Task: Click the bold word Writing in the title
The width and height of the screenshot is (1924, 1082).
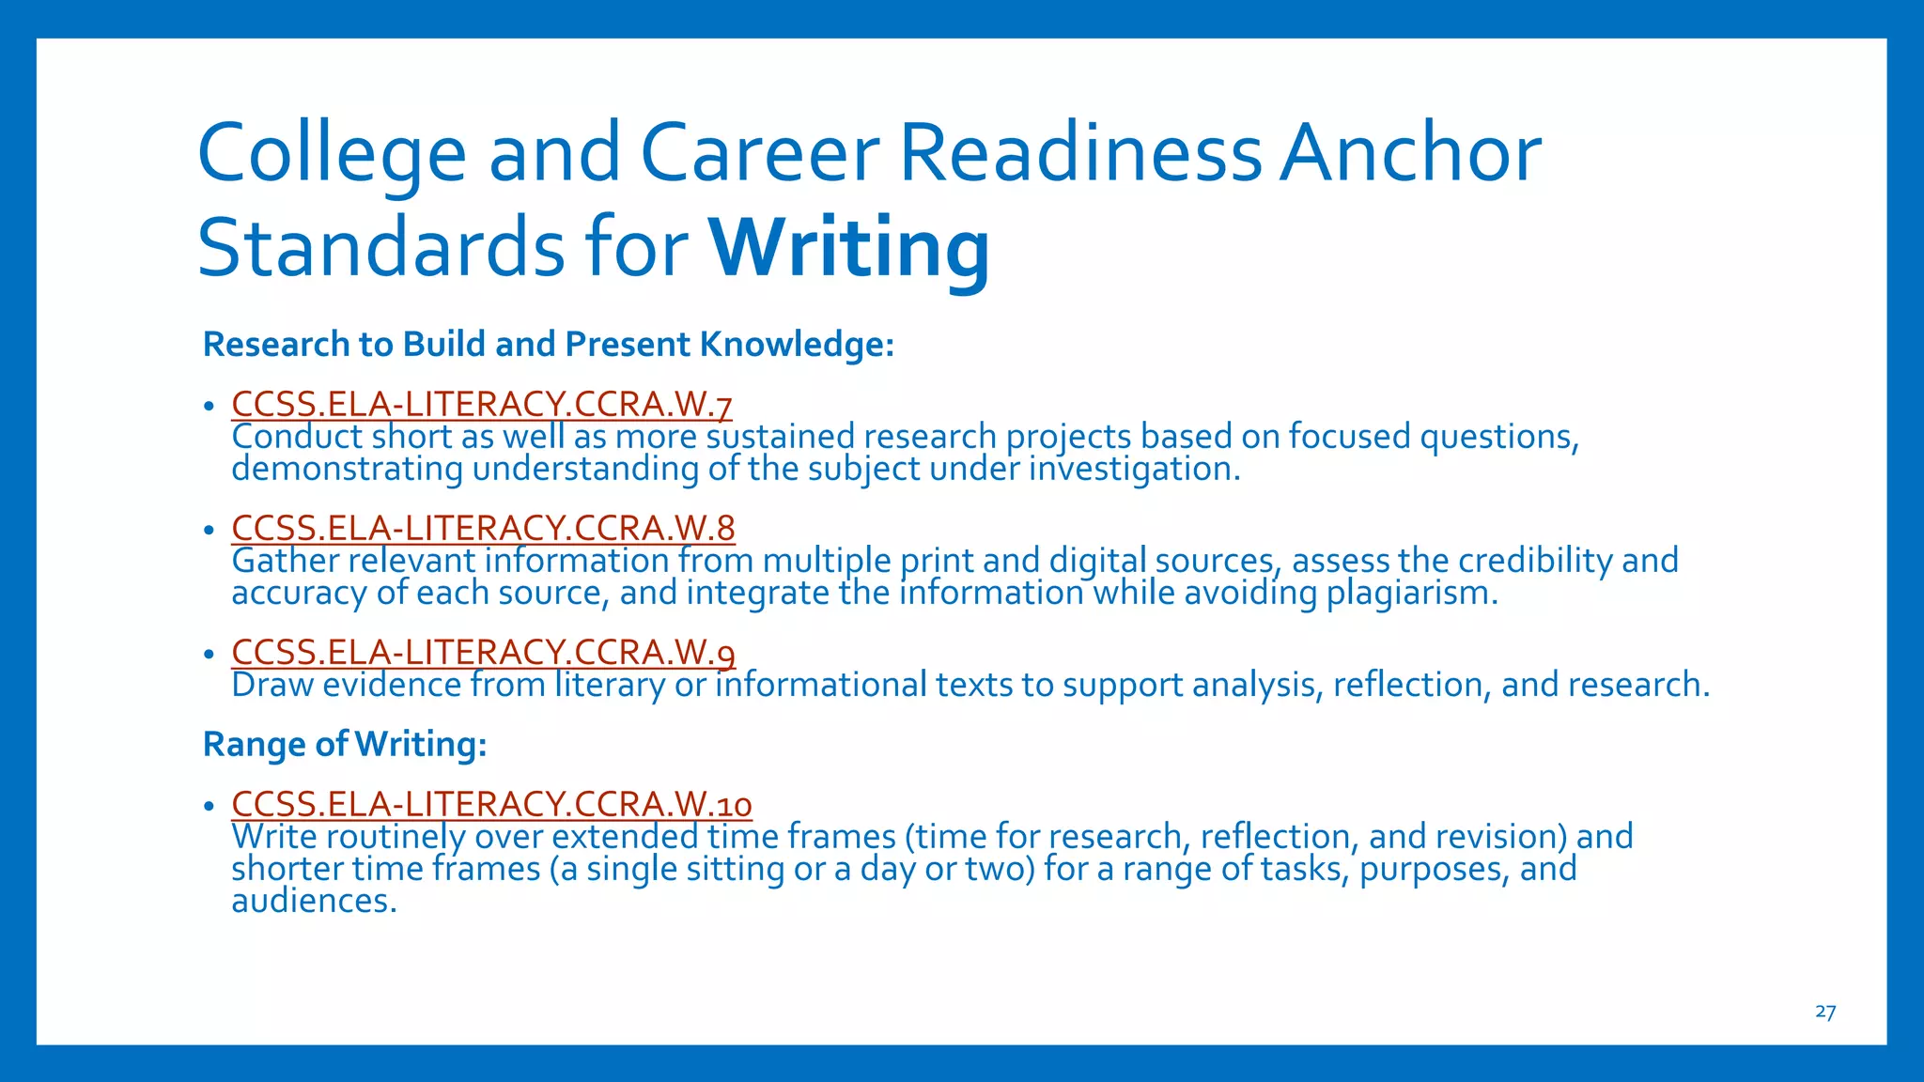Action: pos(848,248)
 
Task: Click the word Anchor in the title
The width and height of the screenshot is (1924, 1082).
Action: pos(1410,152)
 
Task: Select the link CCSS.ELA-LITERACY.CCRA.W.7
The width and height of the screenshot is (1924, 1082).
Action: pos(481,405)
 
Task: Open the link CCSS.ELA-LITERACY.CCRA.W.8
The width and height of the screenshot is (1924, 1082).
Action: pos(483,529)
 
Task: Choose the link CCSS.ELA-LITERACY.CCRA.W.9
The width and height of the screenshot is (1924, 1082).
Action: pos(483,652)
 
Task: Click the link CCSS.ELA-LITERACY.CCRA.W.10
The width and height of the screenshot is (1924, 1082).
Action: pos(491,805)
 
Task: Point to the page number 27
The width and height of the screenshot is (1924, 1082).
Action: pos(1824,1012)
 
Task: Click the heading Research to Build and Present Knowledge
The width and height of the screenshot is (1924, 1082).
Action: pos(548,345)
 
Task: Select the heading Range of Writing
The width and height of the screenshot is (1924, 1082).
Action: pos(345,744)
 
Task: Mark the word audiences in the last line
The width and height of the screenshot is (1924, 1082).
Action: pos(314,902)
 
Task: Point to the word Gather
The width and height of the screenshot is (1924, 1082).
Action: pos(285,561)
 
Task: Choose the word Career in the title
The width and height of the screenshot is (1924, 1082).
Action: pos(760,152)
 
